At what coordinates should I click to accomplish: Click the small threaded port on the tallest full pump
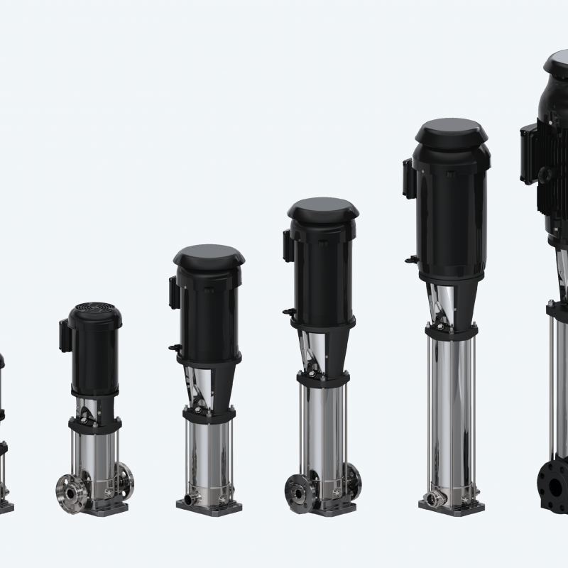pos(432,496)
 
